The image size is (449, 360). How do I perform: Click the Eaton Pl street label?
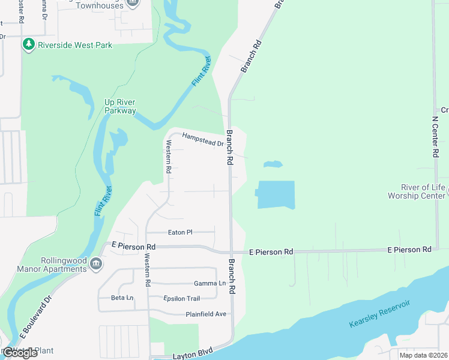(x=180, y=232)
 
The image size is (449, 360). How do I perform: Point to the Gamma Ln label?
(x=209, y=283)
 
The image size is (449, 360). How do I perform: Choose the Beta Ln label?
(x=122, y=298)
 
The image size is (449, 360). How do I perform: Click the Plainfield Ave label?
(x=206, y=314)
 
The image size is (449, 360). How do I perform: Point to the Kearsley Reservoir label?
(x=379, y=314)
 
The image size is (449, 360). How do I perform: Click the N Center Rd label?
(x=436, y=137)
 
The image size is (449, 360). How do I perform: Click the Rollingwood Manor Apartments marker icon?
(x=95, y=264)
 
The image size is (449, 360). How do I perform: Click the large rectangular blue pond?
(x=277, y=194)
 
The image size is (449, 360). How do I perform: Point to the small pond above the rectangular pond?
(x=273, y=164)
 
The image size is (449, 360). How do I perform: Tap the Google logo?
(x=19, y=353)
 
